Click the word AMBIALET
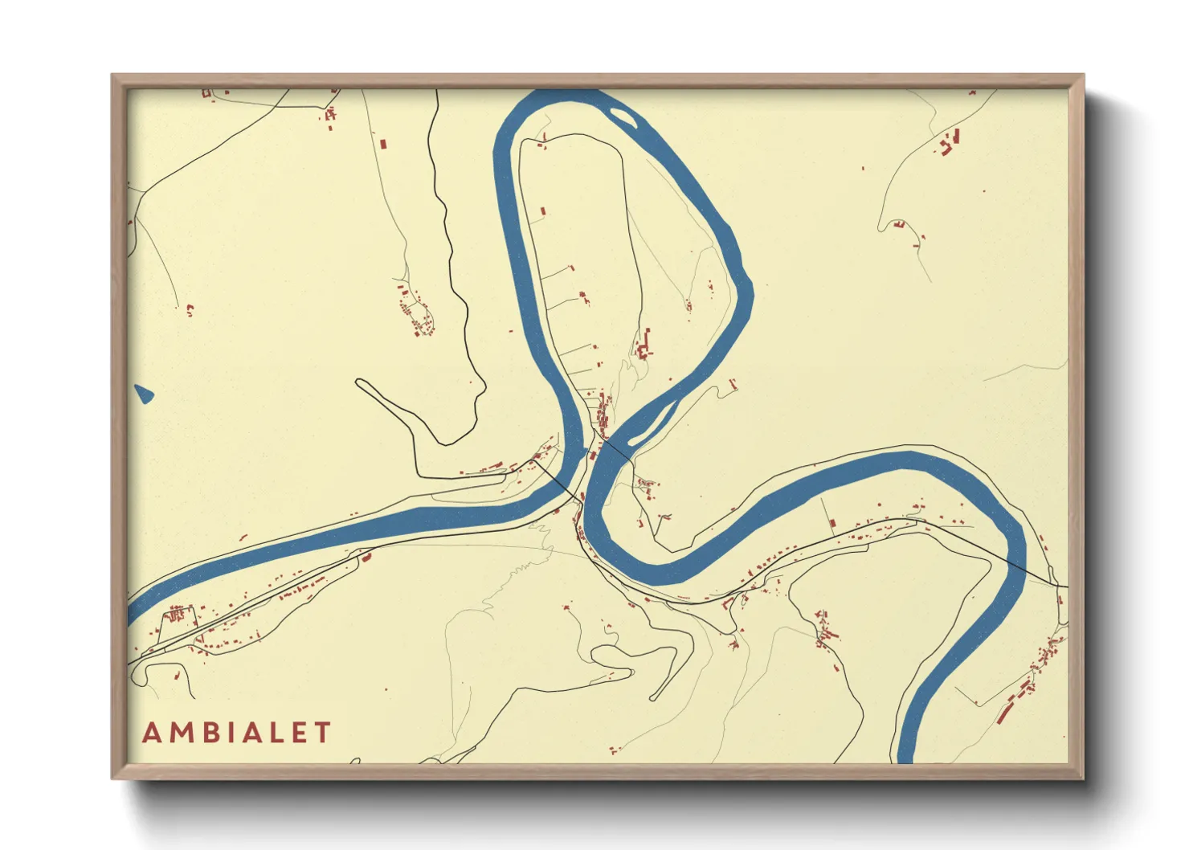pos(236,733)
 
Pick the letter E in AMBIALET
pos(297,733)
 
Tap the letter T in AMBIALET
pos(322,733)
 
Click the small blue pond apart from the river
pos(143,394)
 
